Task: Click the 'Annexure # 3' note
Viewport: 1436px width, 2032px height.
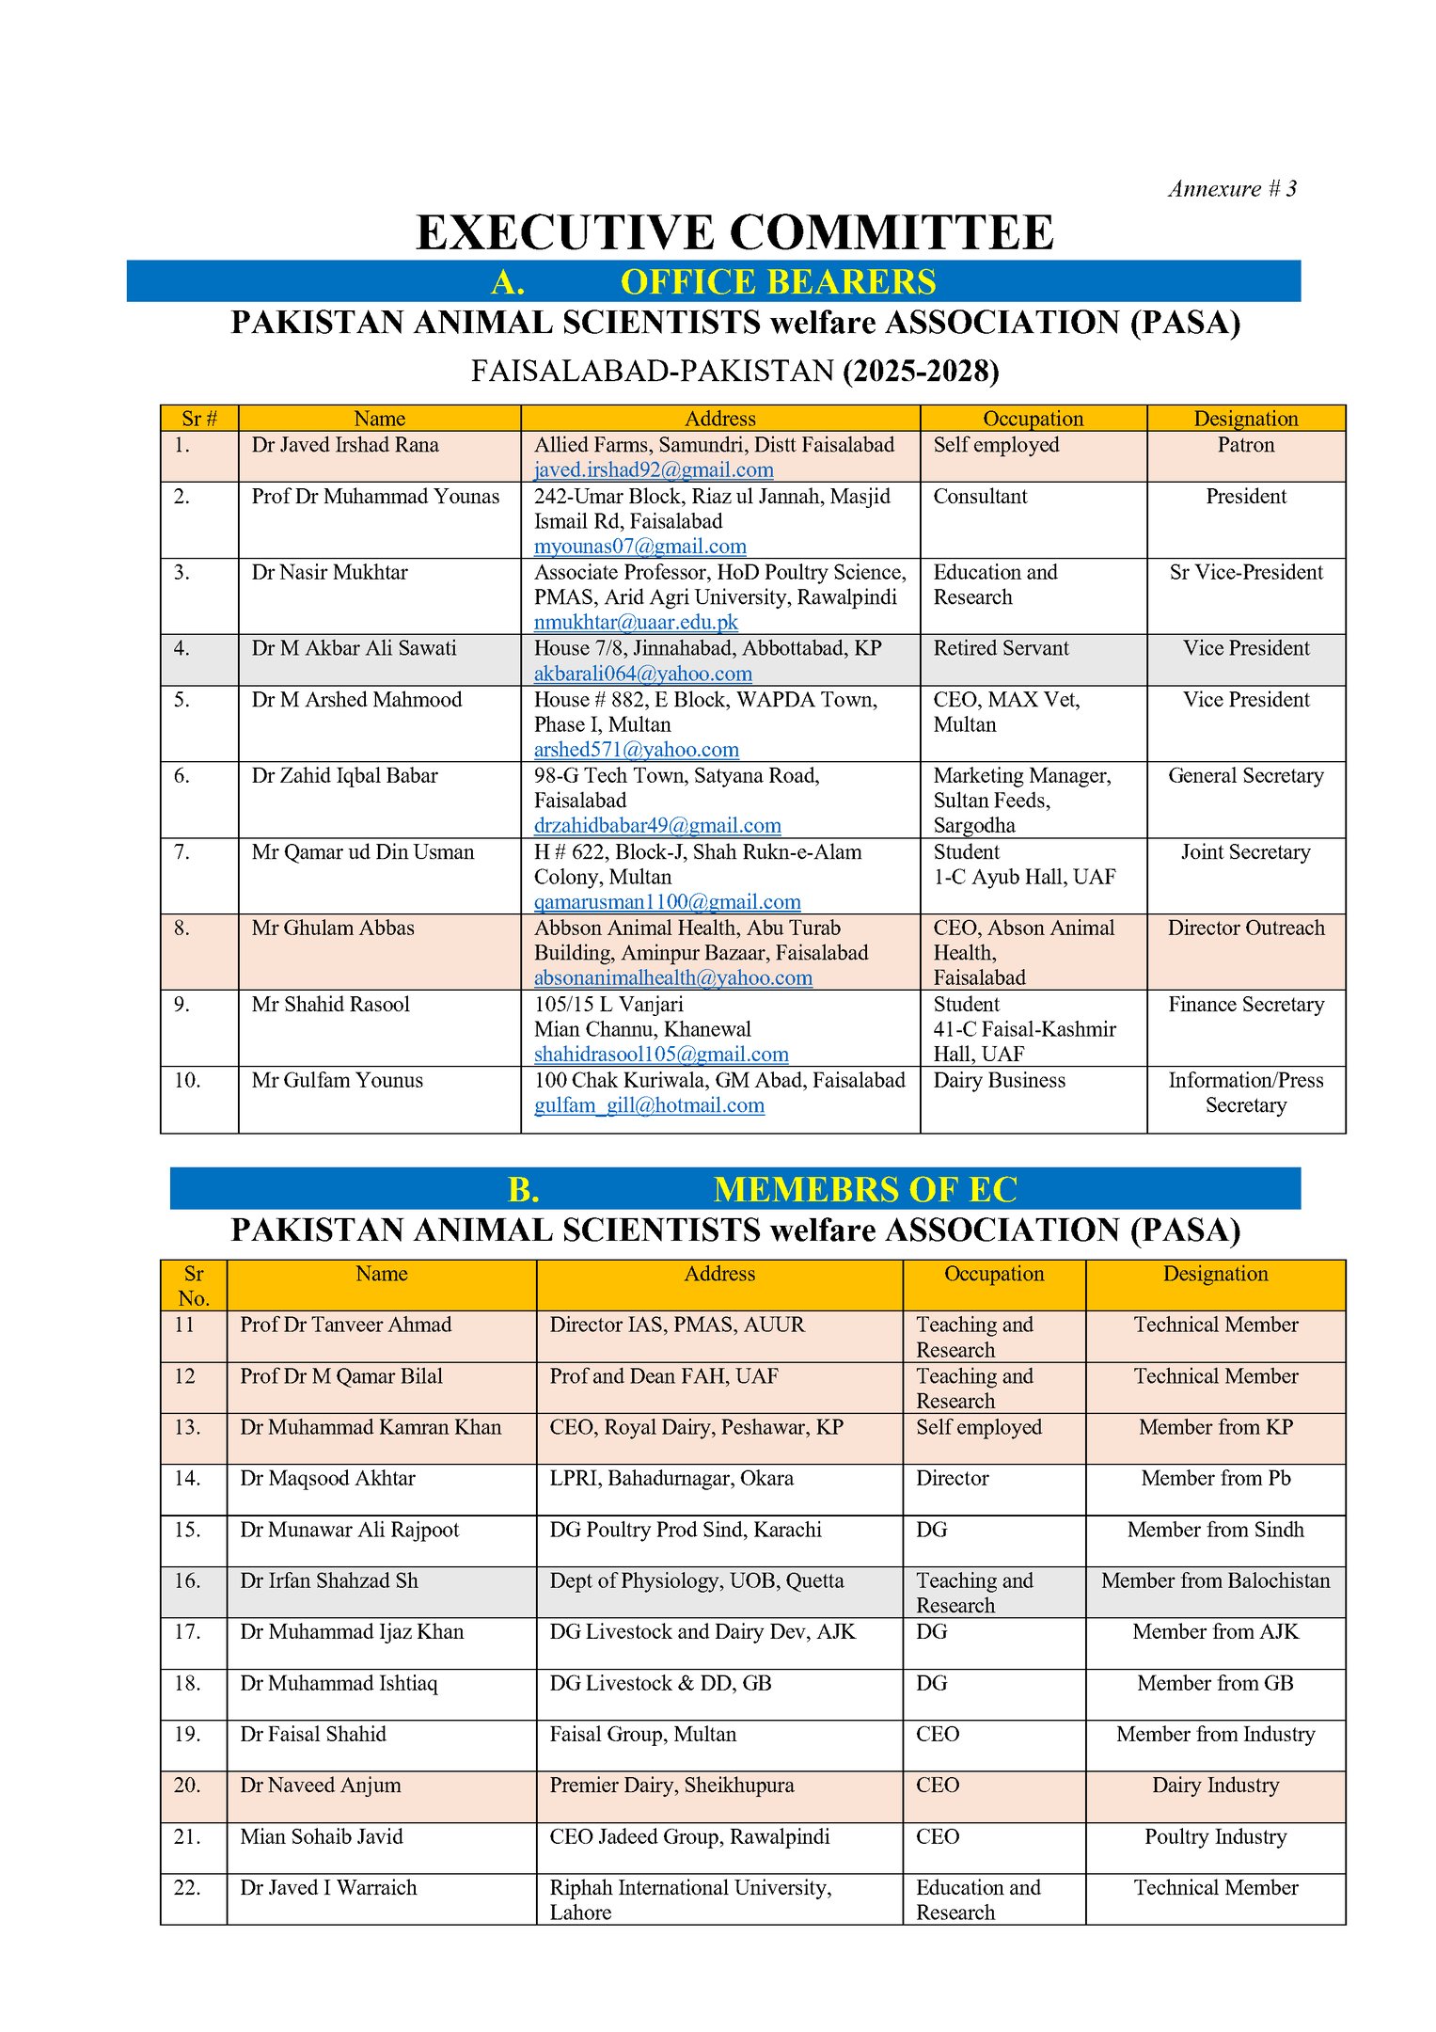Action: tap(1232, 189)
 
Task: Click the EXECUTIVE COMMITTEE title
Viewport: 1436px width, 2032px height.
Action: tap(734, 232)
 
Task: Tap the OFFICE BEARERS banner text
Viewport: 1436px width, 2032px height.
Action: tap(778, 282)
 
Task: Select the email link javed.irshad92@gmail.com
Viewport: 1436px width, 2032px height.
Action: tap(654, 470)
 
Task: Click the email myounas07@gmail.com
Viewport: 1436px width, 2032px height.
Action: tap(639, 547)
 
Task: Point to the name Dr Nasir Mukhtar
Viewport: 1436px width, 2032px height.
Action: tap(329, 572)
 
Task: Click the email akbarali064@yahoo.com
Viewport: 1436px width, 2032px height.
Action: tap(642, 674)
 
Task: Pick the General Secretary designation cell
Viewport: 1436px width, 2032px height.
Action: tap(1245, 776)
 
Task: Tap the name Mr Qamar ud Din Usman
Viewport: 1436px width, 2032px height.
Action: tap(362, 852)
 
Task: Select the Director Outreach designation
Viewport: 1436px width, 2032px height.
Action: tap(1245, 929)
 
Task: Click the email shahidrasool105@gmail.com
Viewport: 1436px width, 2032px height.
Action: tap(661, 1055)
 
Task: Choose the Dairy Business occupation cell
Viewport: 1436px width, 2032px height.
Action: tap(999, 1081)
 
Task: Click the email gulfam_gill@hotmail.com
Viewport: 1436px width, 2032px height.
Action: tap(649, 1105)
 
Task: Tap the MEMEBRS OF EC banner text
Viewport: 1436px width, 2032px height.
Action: tap(864, 1190)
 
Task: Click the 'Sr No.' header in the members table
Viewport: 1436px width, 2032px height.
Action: tap(193, 1286)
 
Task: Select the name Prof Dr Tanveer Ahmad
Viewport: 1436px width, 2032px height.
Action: tap(345, 1325)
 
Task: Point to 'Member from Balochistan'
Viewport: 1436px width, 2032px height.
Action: tap(1215, 1580)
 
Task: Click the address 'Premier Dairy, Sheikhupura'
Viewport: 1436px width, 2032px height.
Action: tap(671, 1786)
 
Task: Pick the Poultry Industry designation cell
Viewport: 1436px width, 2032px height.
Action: tap(1215, 1836)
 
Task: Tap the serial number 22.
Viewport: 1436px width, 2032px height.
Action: tap(188, 1887)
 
